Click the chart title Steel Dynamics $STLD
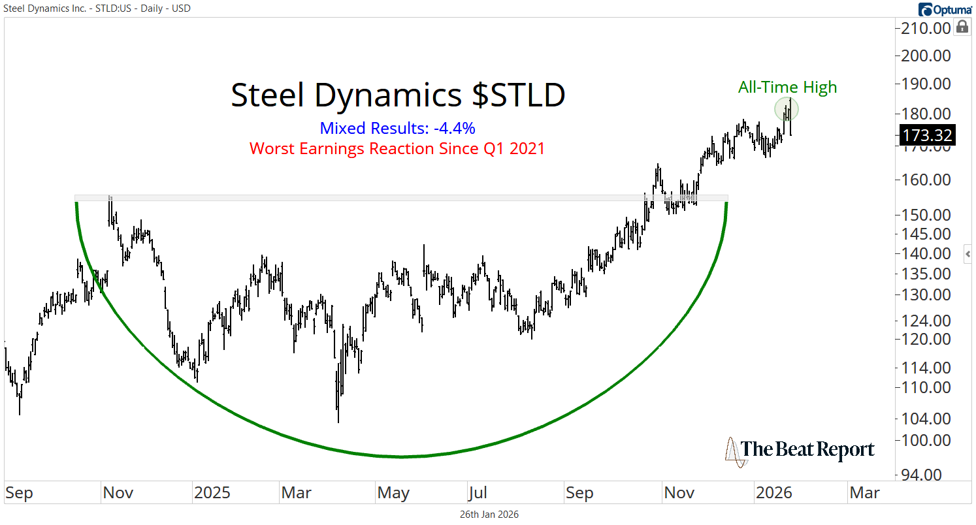pyautogui.click(x=398, y=95)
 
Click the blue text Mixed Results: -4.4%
pyautogui.click(x=398, y=128)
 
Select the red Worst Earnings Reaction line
pyautogui.click(x=397, y=148)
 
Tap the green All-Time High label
pyautogui.click(x=787, y=87)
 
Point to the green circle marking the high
pyautogui.click(x=787, y=109)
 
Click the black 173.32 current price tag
pyautogui.click(x=926, y=135)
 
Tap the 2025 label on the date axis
pyautogui.click(x=212, y=492)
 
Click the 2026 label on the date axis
pyautogui.click(x=773, y=492)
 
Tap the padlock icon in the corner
pyautogui.click(x=962, y=27)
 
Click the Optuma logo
pyautogui.click(x=945, y=9)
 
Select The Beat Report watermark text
pyautogui.click(x=807, y=449)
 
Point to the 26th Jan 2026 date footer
pyautogui.click(x=489, y=515)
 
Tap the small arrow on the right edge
pyautogui.click(x=968, y=254)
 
